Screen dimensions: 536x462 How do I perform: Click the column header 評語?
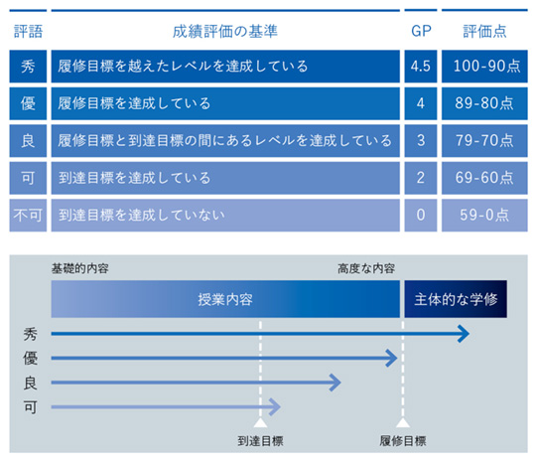[28, 32]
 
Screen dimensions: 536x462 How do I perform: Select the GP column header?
[421, 31]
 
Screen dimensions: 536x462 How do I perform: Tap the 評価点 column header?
[484, 32]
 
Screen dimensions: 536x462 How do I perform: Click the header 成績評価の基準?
[225, 32]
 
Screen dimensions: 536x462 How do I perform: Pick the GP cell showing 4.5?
[421, 66]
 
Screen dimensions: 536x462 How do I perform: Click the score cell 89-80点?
[484, 103]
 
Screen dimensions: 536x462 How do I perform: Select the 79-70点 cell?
[484, 141]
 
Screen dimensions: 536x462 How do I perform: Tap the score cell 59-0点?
[484, 216]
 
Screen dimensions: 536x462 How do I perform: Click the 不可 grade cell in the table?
[28, 216]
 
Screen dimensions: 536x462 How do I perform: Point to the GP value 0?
[421, 216]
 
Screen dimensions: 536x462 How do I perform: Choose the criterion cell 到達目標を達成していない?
[225, 216]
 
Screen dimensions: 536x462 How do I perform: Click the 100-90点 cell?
[484, 66]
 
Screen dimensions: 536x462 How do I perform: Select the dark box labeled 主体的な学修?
[456, 299]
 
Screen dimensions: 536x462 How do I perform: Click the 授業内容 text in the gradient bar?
[225, 300]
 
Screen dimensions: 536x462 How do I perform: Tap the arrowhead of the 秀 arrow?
[464, 334]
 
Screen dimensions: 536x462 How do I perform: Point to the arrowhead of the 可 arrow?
[275, 407]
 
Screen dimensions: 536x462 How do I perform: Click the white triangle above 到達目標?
[260, 422]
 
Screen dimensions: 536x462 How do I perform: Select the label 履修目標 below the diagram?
[403, 441]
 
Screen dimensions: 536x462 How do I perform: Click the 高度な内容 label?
[366, 268]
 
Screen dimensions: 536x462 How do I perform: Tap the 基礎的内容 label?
[80, 268]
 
